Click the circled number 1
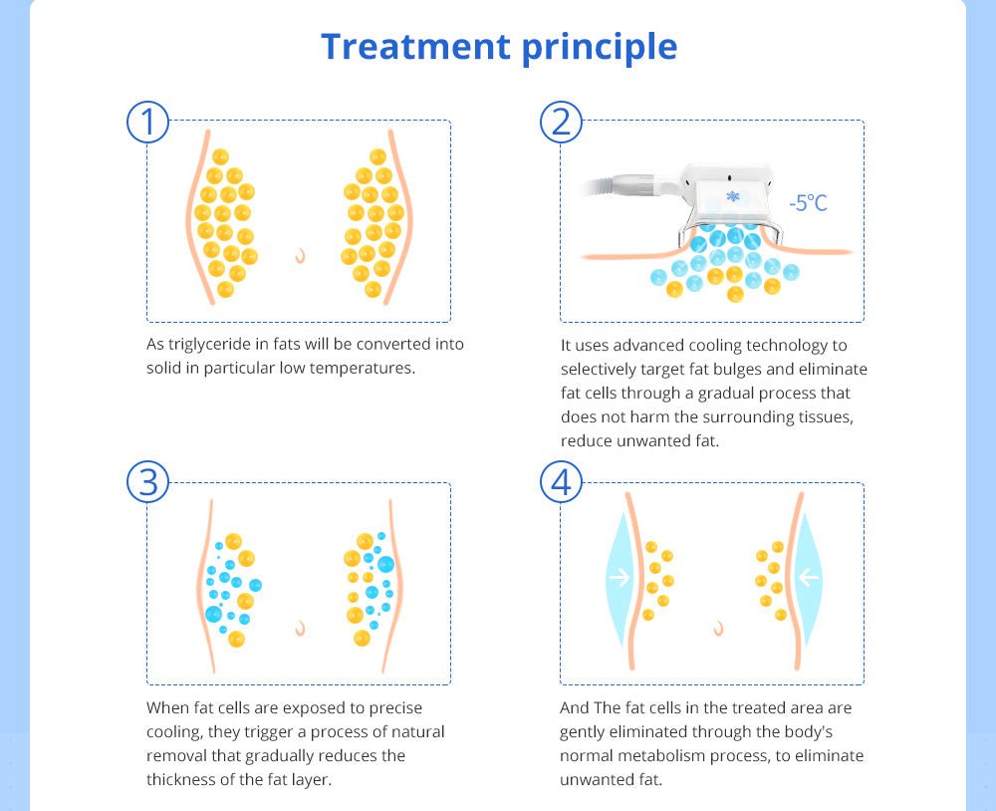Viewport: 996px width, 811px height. click(x=148, y=122)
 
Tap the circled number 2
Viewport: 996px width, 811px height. click(x=561, y=122)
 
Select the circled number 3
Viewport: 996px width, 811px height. click(x=148, y=483)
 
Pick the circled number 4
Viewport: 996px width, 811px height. click(x=561, y=483)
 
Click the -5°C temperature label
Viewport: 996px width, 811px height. click(x=808, y=203)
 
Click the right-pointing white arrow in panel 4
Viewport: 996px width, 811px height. click(x=620, y=578)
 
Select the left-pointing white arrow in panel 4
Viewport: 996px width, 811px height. click(x=808, y=578)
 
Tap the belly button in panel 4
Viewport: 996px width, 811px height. click(x=717, y=628)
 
